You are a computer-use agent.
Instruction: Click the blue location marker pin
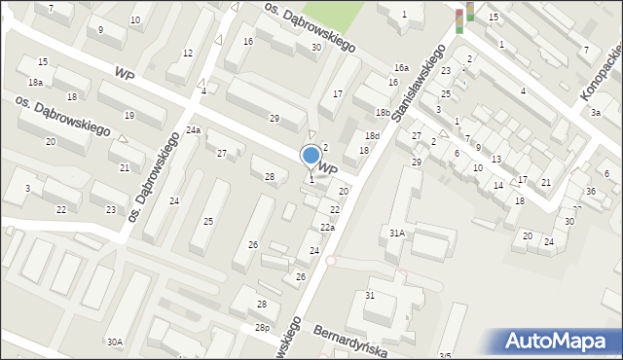[311, 156]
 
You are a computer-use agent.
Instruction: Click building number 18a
[35, 83]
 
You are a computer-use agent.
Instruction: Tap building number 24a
[194, 130]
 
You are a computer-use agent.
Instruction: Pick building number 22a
[328, 228]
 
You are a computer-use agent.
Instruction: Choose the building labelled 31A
[396, 233]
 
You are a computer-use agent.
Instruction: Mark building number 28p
[263, 327]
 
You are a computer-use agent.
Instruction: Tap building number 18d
[372, 135]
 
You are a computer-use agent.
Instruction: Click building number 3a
[595, 113]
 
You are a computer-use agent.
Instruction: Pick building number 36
[590, 191]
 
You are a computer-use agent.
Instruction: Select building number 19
[128, 115]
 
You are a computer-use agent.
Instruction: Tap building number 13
[495, 159]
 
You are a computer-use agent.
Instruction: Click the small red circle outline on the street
[330, 261]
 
